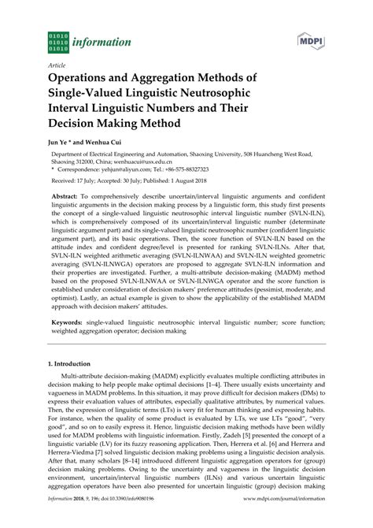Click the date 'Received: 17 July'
[75, 183]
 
